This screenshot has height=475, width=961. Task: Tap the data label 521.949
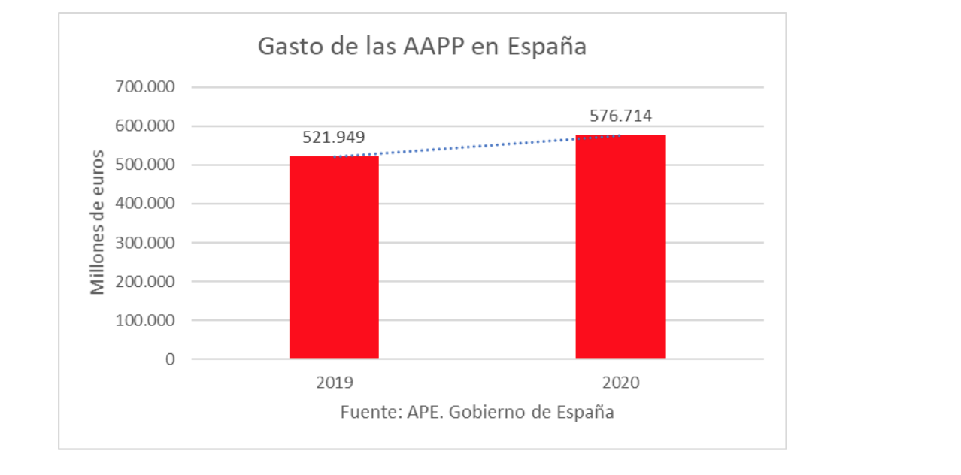tap(334, 137)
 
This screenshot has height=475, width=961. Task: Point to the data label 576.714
tap(620, 116)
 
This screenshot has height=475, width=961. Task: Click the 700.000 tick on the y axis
tap(145, 87)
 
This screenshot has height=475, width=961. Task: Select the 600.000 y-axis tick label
tap(145, 126)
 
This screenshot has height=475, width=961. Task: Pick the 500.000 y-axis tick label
tap(145, 165)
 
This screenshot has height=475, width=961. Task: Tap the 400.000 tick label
tap(145, 204)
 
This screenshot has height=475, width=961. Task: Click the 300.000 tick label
tap(145, 243)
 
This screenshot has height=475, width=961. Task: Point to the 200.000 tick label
tap(145, 281)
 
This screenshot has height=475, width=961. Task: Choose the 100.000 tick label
tap(145, 320)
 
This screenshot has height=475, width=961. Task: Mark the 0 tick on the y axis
tap(170, 359)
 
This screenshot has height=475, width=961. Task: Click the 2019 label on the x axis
tap(334, 383)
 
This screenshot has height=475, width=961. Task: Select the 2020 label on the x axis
tap(620, 383)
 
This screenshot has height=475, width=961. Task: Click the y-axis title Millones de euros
tap(98, 222)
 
